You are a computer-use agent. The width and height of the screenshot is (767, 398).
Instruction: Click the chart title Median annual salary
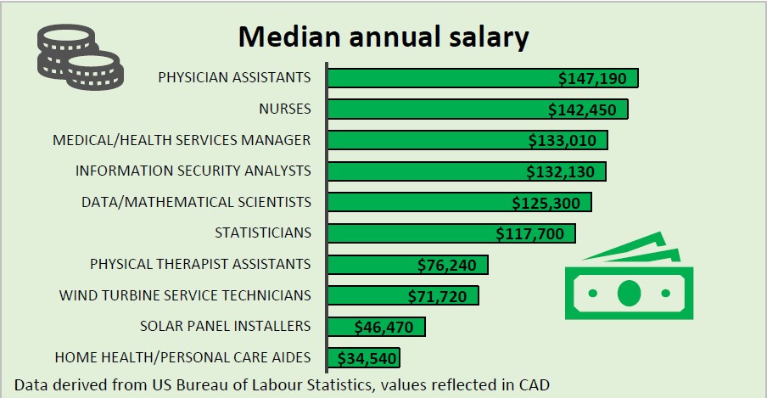[x=383, y=36]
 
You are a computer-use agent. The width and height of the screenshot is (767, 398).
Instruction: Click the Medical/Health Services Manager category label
[x=182, y=140]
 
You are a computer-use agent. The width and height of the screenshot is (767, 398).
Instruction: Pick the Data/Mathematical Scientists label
[x=196, y=202]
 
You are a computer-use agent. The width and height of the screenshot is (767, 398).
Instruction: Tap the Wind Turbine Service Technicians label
[x=185, y=295]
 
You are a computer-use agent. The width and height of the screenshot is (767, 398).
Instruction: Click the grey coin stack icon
[x=78, y=57]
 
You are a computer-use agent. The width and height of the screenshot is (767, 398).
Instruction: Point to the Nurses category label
[x=285, y=109]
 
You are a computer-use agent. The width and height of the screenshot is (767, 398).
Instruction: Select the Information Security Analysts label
[x=193, y=171]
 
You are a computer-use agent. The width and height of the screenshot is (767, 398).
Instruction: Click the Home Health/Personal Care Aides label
[x=182, y=357]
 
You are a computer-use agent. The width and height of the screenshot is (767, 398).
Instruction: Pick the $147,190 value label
[x=592, y=79]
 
